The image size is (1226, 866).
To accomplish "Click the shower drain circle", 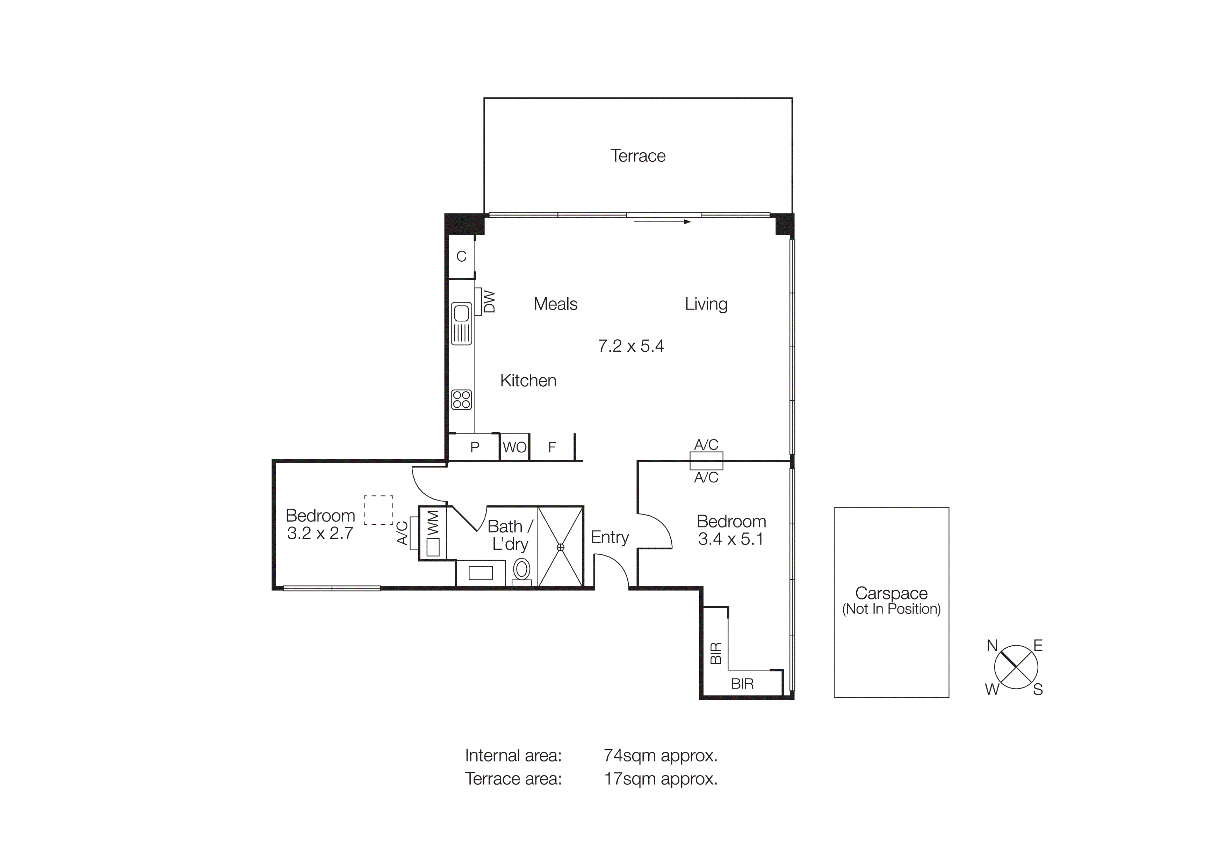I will tap(560, 547).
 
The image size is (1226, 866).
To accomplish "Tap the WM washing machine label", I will tap(433, 523).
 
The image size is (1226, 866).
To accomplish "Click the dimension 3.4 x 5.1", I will tap(730, 539).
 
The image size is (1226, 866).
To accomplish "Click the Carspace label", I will tap(891, 593).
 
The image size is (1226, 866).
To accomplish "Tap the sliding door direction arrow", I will tap(662, 221).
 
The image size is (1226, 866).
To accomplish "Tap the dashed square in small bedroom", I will tap(378, 510).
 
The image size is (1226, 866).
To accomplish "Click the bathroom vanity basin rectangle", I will tap(480, 573).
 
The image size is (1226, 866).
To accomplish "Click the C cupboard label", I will tap(461, 257).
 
